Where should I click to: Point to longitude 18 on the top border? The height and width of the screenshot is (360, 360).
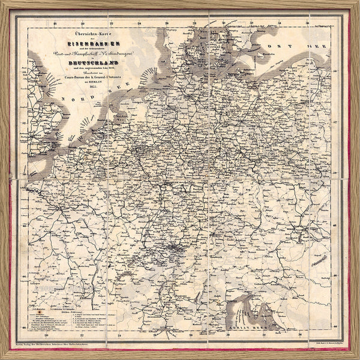55,25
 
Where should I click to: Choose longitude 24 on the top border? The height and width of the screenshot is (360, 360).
139,25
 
